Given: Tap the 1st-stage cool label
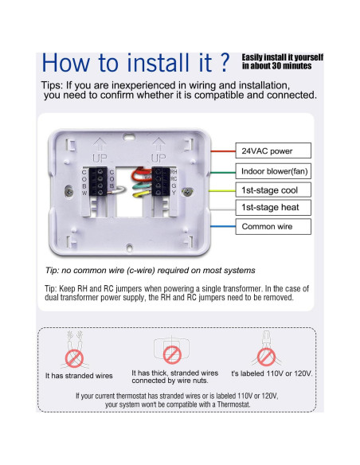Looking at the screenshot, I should [268, 190].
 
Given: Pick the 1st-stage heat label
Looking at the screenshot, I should [268, 208].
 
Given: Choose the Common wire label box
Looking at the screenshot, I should [267, 227].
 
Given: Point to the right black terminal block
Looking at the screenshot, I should [160, 182].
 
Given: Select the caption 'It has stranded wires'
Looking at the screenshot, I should [79, 375].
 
